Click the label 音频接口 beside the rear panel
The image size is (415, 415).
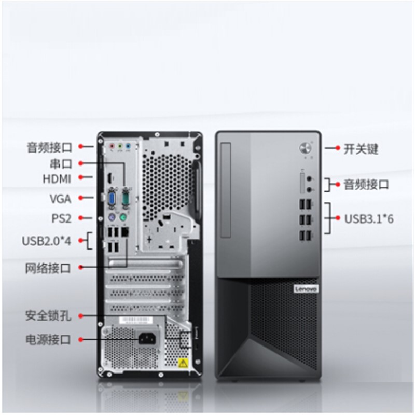click(x=49, y=147)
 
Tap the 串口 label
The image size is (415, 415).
click(x=61, y=163)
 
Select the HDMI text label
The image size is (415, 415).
click(x=57, y=179)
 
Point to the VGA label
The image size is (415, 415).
click(x=61, y=199)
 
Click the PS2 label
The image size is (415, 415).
click(x=61, y=218)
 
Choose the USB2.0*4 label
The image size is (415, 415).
click(x=47, y=241)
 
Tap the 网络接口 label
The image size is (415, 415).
click(x=48, y=268)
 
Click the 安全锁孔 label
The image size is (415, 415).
click(x=48, y=316)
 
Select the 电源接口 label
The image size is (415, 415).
click(x=48, y=339)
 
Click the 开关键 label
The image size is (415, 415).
click(x=361, y=149)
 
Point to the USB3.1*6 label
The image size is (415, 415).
click(x=369, y=219)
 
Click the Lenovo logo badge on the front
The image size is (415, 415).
click(x=306, y=289)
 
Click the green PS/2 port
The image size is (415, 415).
click(x=122, y=217)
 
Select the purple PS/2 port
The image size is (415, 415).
click(x=112, y=217)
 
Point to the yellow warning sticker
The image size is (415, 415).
click(x=183, y=363)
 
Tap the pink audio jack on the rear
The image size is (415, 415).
click(x=112, y=146)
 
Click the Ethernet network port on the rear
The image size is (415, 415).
click(x=125, y=232)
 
